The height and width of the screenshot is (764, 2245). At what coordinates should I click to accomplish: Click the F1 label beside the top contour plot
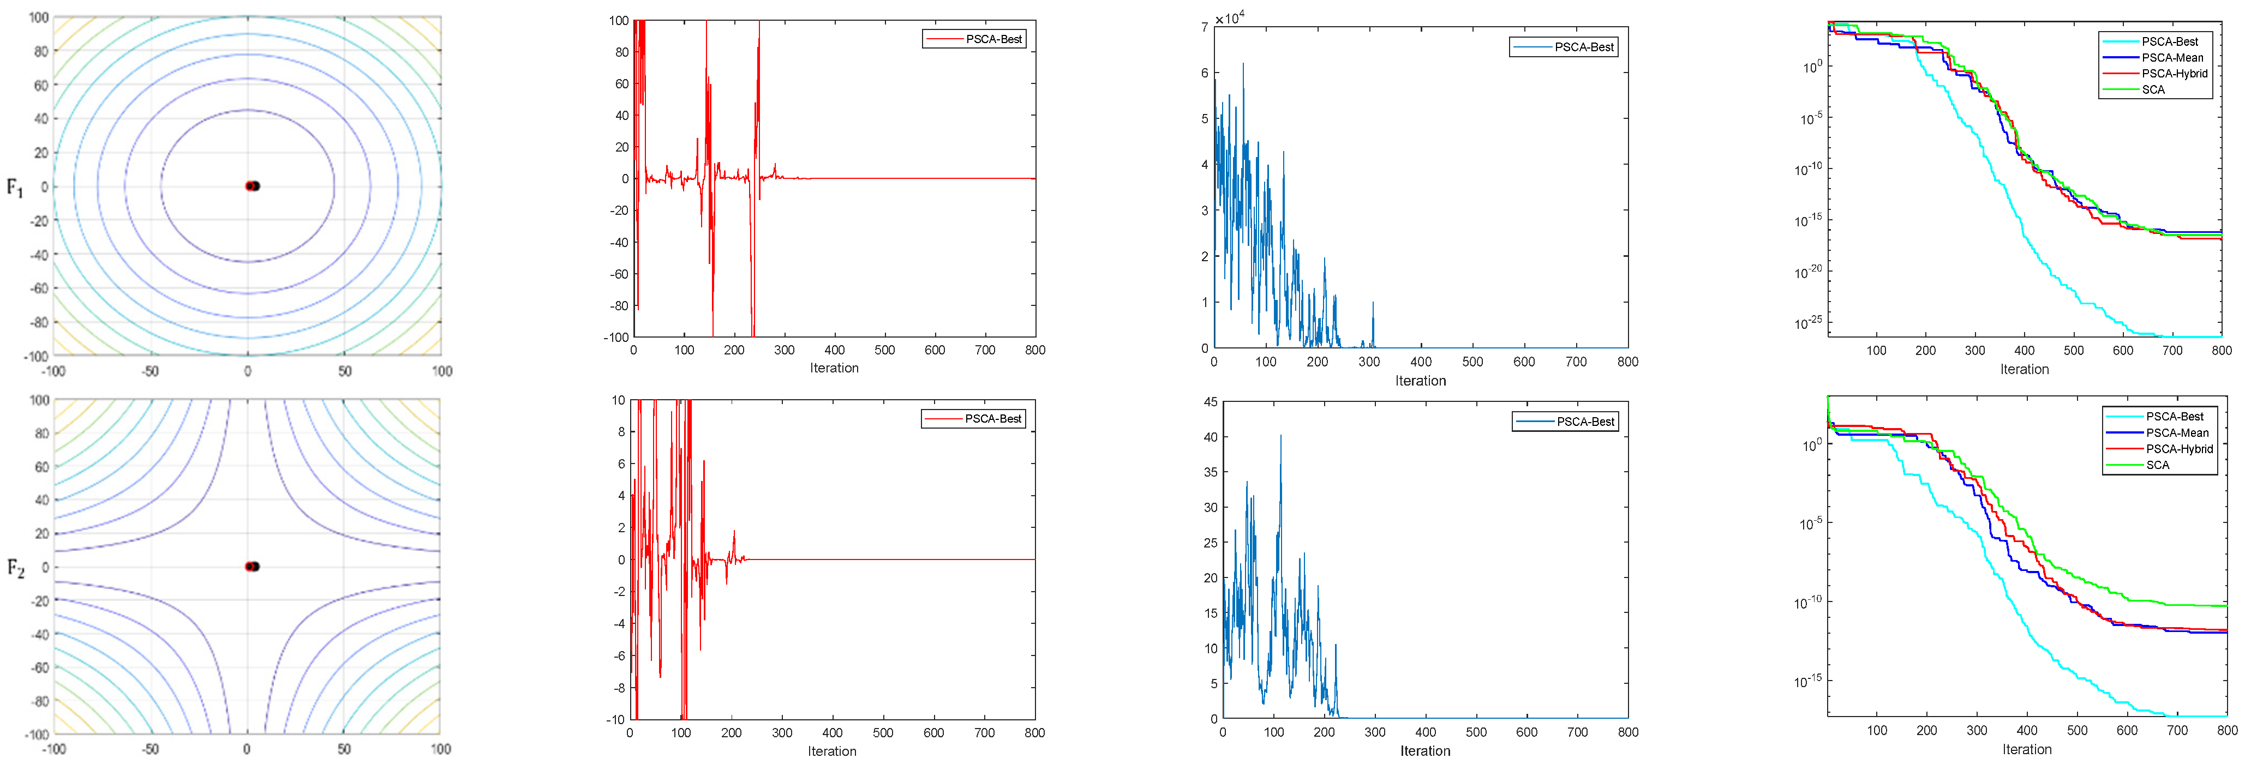coord(15,187)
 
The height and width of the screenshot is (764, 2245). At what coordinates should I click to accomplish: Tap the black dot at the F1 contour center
coord(254,185)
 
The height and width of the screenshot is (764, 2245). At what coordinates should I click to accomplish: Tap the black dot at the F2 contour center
coord(254,566)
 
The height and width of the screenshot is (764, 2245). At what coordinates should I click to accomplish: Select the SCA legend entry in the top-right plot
coord(2153,90)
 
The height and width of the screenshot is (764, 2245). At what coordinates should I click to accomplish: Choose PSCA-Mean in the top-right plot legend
coord(2172,57)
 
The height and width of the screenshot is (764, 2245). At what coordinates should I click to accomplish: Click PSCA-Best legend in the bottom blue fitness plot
coord(1584,422)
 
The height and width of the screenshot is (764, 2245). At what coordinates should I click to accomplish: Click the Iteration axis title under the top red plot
coord(834,368)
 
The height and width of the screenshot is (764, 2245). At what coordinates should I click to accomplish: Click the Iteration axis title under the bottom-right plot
coord(2026,749)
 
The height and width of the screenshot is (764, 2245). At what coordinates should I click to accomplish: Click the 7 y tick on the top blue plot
coord(1205,27)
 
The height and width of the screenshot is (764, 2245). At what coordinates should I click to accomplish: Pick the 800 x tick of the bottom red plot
coord(1034,732)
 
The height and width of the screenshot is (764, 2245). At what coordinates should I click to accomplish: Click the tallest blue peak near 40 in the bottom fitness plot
coord(1280,436)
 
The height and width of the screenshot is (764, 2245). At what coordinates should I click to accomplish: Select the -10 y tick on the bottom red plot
coord(617,720)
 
